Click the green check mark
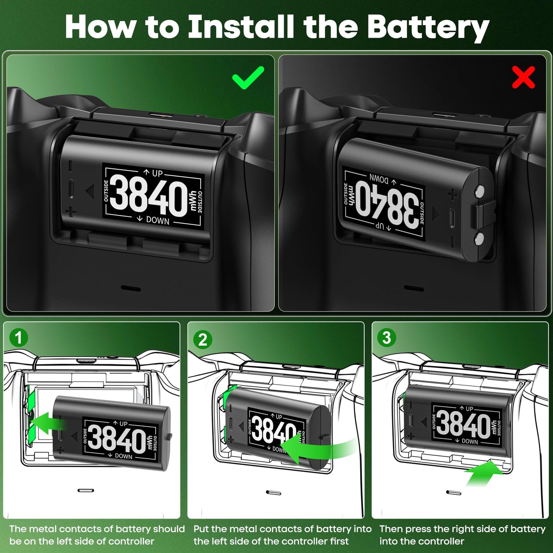click(x=248, y=78)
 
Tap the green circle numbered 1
click(x=18, y=338)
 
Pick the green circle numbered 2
click(x=202, y=339)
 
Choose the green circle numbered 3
click(x=387, y=338)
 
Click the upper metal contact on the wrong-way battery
click(x=479, y=191)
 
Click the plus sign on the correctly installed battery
click(x=70, y=212)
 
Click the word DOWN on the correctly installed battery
click(x=157, y=221)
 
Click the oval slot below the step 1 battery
click(x=85, y=490)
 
